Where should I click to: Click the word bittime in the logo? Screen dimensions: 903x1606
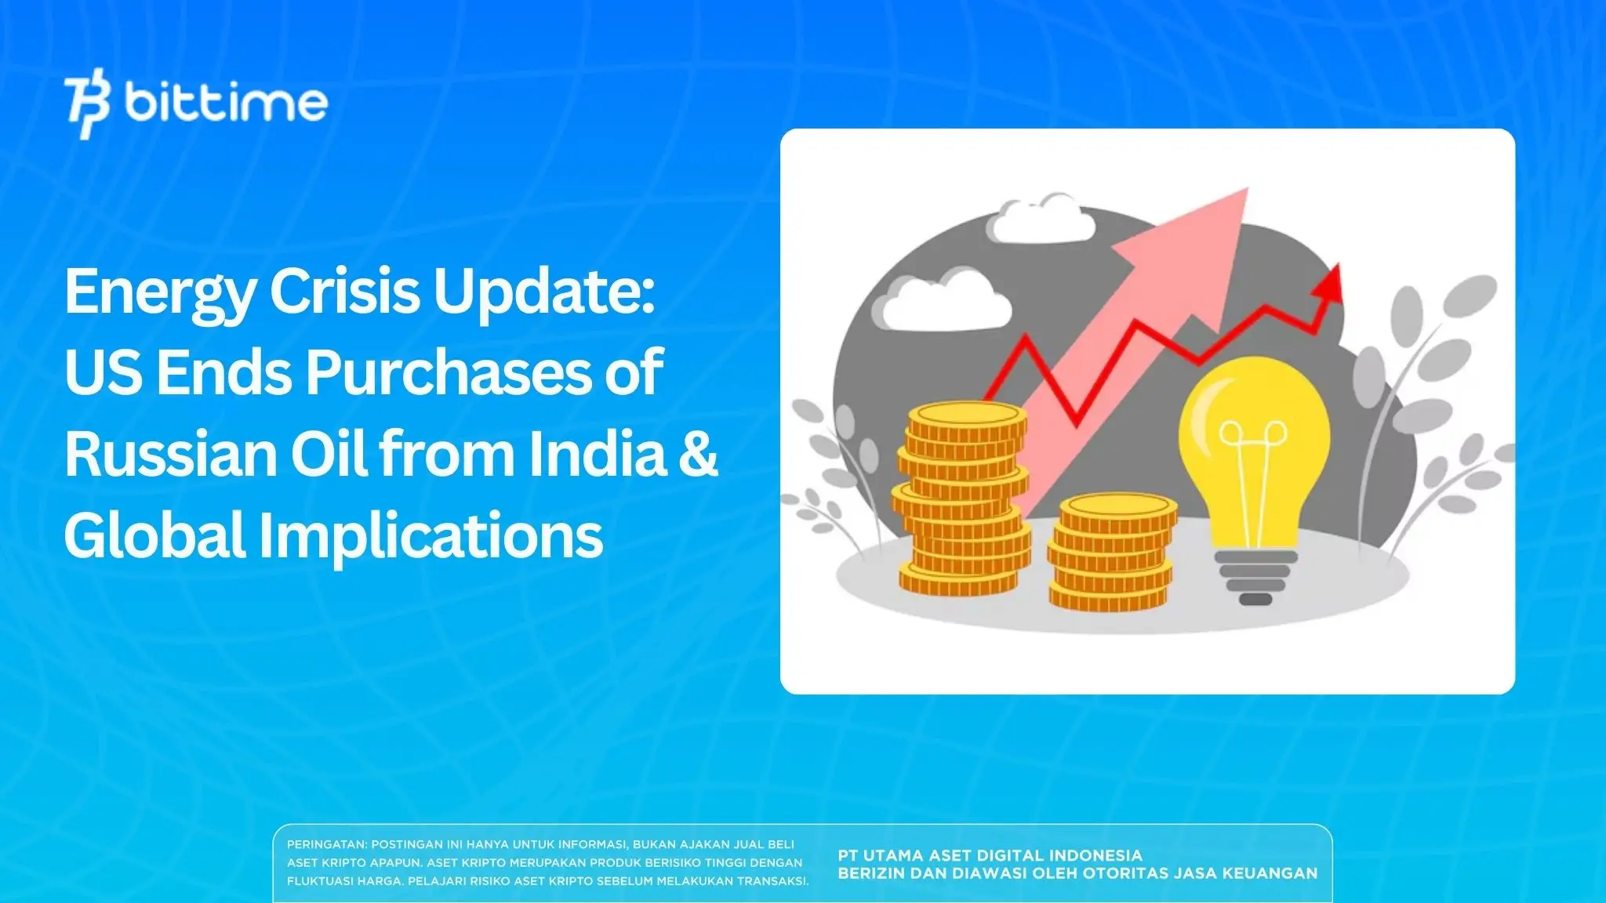[226, 103]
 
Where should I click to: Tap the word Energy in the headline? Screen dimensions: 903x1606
[159, 292]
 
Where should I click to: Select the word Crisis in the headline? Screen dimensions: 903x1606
[346, 291]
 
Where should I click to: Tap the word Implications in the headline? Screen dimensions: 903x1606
[431, 535]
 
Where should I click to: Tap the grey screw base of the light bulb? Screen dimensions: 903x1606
[1255, 576]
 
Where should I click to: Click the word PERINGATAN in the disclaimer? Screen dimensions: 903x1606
[325, 845]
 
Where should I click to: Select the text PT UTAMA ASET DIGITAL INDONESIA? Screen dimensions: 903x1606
[990, 855]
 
